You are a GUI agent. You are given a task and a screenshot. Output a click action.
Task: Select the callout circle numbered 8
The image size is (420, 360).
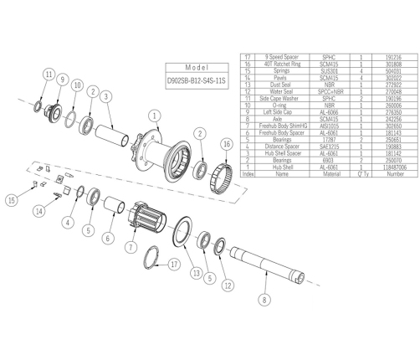265,298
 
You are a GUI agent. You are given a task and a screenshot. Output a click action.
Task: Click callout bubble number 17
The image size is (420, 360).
174,265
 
